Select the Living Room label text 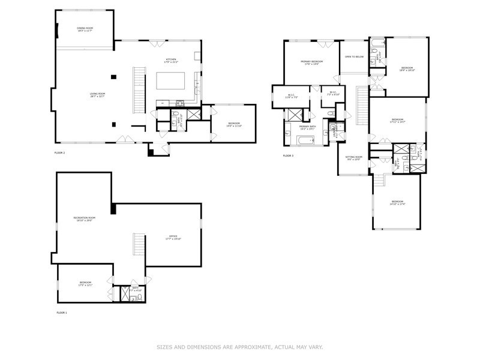coord(97,95)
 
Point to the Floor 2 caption coord(59,153)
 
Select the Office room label coord(173,238)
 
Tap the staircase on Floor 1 coord(139,245)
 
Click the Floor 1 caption coord(62,313)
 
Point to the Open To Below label coord(354,57)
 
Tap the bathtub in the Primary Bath coord(305,141)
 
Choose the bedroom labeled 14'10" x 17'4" coord(398,202)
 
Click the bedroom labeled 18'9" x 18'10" coord(407,69)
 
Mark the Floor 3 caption coord(288,156)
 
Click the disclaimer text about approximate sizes coord(240,346)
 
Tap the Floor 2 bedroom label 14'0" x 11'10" coord(233,125)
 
